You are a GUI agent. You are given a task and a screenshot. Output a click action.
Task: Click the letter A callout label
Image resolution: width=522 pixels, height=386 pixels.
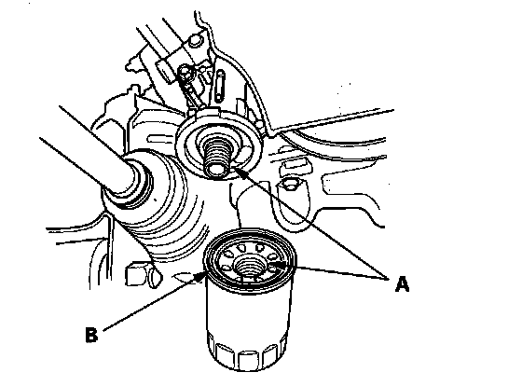tap(402, 284)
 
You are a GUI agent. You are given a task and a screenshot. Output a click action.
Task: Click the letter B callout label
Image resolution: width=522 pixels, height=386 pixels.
tap(91, 335)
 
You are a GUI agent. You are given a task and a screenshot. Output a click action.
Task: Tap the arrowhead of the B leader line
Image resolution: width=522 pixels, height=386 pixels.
tap(200, 276)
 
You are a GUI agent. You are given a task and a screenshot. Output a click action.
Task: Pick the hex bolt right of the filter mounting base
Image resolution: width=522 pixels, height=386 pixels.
tap(290, 184)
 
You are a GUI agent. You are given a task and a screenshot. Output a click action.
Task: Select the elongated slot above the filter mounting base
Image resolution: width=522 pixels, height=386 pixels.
tap(219, 85)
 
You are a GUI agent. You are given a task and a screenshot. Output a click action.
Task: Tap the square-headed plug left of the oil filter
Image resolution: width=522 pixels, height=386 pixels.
tap(139, 274)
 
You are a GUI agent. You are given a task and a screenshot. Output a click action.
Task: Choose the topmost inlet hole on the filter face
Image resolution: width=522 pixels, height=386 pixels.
tap(242, 247)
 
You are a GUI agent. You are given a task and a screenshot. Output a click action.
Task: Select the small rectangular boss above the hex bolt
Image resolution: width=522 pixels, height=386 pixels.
tap(295, 167)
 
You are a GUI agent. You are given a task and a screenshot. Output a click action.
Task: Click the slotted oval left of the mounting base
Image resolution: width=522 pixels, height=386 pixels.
tap(159, 138)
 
